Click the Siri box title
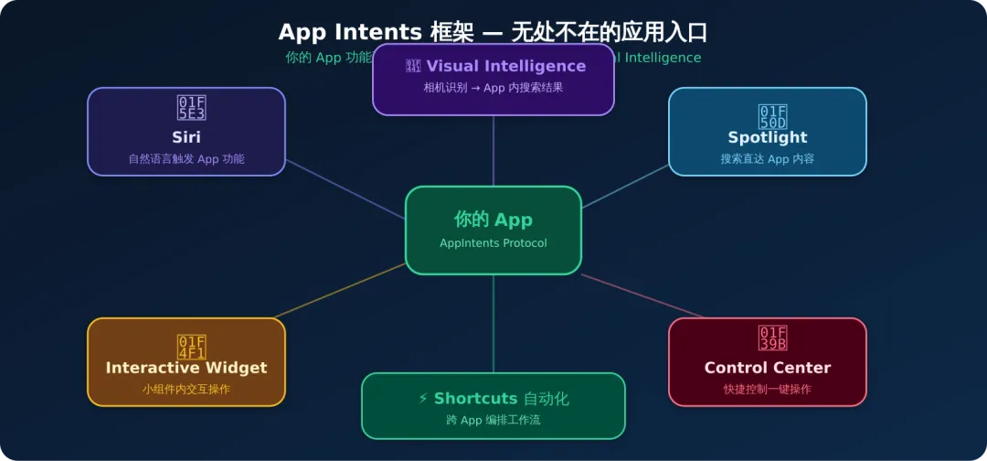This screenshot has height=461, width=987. pyautogui.click(x=186, y=137)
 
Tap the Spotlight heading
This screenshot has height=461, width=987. pyautogui.click(x=768, y=137)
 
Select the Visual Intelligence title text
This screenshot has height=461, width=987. pyautogui.click(x=505, y=66)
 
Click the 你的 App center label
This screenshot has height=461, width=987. pyautogui.click(x=493, y=220)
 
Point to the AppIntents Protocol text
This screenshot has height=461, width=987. pyautogui.click(x=493, y=243)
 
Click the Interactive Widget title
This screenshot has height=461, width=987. pyautogui.click(x=186, y=368)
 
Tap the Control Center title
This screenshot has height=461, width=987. pyautogui.click(x=768, y=368)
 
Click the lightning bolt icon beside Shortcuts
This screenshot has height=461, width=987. pyautogui.click(x=423, y=399)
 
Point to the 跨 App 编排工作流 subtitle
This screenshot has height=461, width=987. pyautogui.click(x=493, y=421)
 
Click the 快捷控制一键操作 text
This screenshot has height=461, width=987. pyautogui.click(x=768, y=390)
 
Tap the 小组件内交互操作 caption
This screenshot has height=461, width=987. pyautogui.click(x=186, y=390)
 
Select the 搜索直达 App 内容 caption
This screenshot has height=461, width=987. pyautogui.click(x=768, y=159)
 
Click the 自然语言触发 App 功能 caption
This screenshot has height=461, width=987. pyautogui.click(x=186, y=159)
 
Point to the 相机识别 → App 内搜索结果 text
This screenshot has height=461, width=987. pyautogui.click(x=493, y=88)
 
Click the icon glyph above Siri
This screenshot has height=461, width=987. pyautogui.click(x=191, y=108)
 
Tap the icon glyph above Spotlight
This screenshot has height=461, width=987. pyautogui.click(x=772, y=116)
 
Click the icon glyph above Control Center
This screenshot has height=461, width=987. pyautogui.click(x=772, y=338)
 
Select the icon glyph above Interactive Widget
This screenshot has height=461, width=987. pyautogui.click(x=191, y=347)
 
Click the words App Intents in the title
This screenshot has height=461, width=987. pyautogui.click(x=350, y=33)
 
